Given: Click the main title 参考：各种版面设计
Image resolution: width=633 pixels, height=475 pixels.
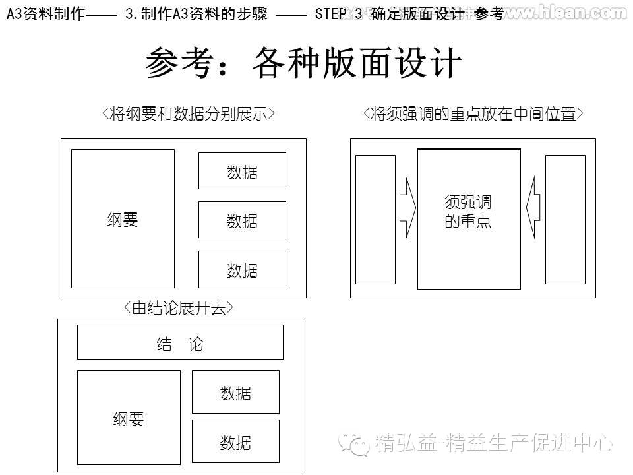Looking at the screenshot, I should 303,64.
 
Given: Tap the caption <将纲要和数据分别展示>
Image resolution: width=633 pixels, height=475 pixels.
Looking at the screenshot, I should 189,113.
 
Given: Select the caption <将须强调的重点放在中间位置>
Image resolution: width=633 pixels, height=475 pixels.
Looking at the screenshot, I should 473,113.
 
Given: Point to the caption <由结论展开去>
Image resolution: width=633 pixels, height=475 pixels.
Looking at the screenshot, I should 179,307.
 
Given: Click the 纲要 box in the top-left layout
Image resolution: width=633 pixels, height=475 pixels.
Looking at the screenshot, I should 123,218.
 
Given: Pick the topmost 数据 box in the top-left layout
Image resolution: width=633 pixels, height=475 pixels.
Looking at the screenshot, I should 242,171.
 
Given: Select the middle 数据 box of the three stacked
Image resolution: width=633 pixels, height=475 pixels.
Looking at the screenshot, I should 242,220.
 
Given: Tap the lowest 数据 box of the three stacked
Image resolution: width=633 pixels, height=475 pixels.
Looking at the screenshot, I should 242,269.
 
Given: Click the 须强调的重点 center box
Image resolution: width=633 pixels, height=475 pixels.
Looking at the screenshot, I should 469,219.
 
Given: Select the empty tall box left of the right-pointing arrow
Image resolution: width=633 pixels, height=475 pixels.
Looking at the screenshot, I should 375,219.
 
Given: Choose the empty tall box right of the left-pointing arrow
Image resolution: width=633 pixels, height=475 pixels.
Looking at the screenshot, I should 565,219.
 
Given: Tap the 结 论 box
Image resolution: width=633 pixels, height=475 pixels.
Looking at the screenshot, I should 180,342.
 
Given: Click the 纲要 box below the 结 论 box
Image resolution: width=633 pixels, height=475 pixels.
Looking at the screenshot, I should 129,417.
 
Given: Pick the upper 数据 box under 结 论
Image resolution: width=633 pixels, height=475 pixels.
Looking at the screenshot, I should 235,392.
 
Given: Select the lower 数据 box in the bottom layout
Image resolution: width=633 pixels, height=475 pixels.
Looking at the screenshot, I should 235,441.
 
